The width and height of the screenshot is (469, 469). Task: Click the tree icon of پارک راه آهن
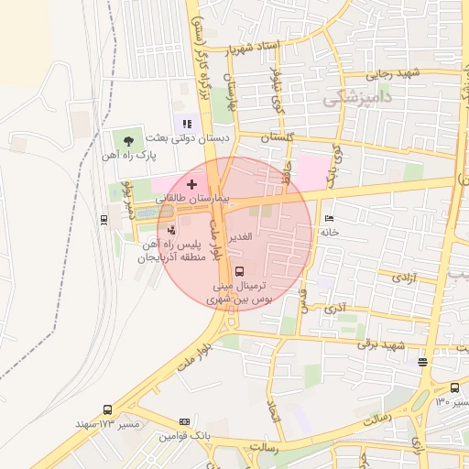[x=128, y=140]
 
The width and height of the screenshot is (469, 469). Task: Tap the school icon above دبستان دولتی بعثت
[x=187, y=123]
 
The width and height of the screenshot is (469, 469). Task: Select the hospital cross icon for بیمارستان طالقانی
[x=191, y=185]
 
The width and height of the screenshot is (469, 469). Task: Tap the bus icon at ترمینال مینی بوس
[x=239, y=271]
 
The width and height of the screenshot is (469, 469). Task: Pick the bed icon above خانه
[x=330, y=218]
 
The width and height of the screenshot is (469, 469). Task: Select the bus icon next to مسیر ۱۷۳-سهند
[x=108, y=409]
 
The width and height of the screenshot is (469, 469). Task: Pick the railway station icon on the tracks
[x=104, y=218]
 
